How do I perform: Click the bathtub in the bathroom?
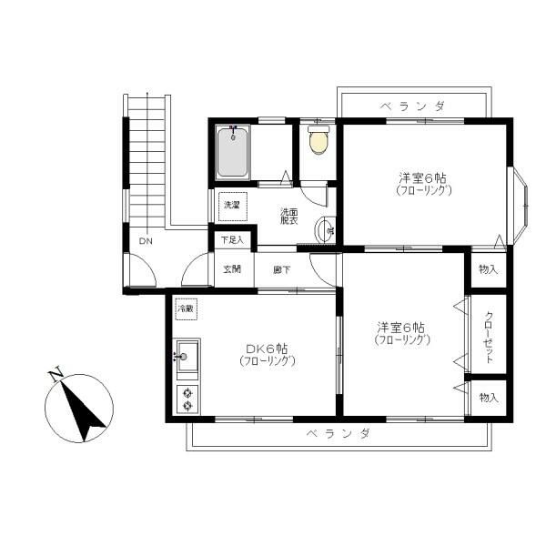point(233,152)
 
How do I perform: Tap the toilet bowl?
point(318,141)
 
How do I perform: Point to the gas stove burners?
point(187,399)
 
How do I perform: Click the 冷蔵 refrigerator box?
point(187,309)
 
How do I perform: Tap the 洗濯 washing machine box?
point(232,206)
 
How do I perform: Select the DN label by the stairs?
point(145,241)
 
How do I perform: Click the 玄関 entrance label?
point(232,269)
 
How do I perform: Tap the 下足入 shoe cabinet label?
point(233,240)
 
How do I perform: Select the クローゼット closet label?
point(489,337)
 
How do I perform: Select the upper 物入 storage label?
point(489,269)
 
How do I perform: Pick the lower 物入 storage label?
point(489,398)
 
